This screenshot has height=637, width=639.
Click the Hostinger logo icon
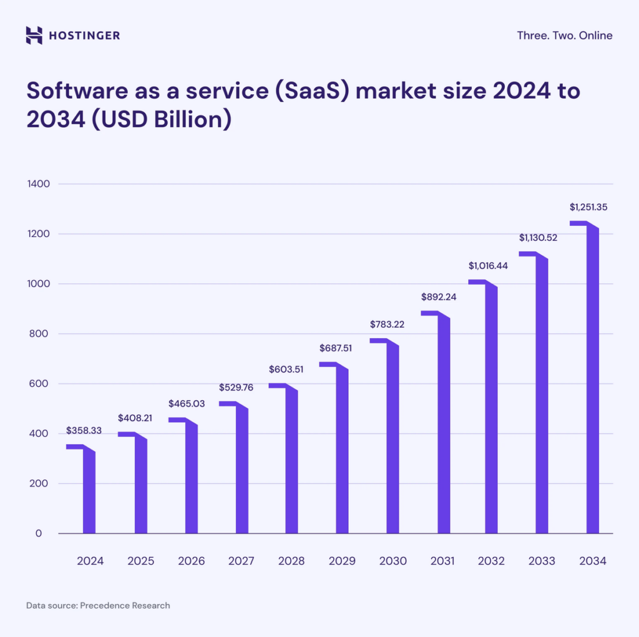point(34,35)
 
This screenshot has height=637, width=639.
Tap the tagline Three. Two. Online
point(564,36)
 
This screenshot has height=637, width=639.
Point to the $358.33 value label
point(84,431)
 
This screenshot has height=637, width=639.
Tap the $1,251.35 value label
point(588,207)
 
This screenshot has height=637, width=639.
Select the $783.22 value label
point(388,324)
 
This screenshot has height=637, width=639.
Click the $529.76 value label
point(236,387)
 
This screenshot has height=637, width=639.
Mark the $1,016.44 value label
point(488,266)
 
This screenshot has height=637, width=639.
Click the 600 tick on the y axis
point(34,384)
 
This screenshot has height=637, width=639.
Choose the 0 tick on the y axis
point(39,533)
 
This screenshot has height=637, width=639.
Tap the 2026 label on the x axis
point(191,561)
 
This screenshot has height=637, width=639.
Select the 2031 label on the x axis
point(442,561)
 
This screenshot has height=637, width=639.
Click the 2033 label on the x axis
point(542,561)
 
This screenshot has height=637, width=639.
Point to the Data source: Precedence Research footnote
point(98,605)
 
